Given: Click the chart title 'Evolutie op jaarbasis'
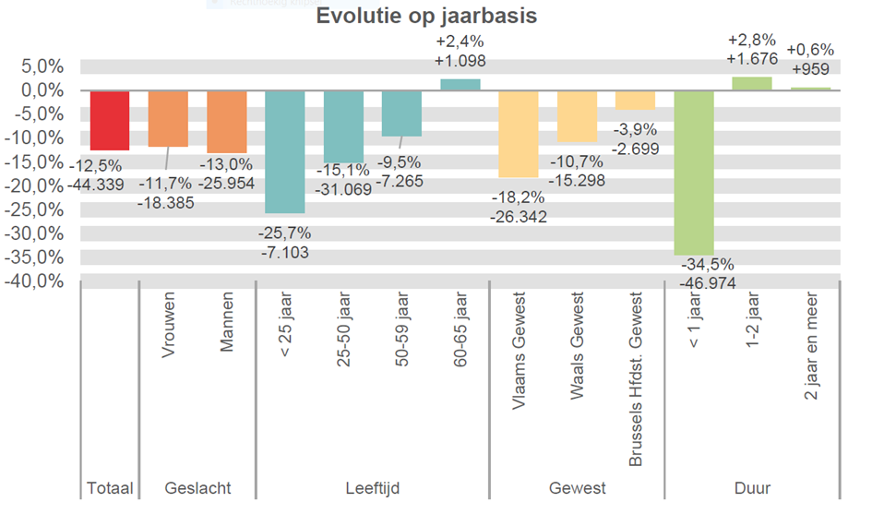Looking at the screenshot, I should pyautogui.click(x=426, y=17).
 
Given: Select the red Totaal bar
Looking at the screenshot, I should pyautogui.click(x=110, y=120).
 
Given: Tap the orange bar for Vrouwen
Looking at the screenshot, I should pyautogui.click(x=168, y=118).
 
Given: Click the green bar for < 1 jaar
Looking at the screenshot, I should pyautogui.click(x=693, y=172).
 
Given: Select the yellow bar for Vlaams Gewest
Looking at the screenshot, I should pyautogui.click(x=518, y=133).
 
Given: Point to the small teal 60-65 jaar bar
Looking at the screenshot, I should pyautogui.click(x=460, y=85).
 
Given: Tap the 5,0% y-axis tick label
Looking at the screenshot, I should pyautogui.click(x=42, y=66).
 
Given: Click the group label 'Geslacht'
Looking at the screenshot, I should pyautogui.click(x=197, y=487).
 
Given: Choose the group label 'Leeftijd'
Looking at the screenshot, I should pyautogui.click(x=371, y=487).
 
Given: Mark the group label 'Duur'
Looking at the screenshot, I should pyautogui.click(x=752, y=487).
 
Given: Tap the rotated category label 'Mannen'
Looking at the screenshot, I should pyautogui.click(x=226, y=322).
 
